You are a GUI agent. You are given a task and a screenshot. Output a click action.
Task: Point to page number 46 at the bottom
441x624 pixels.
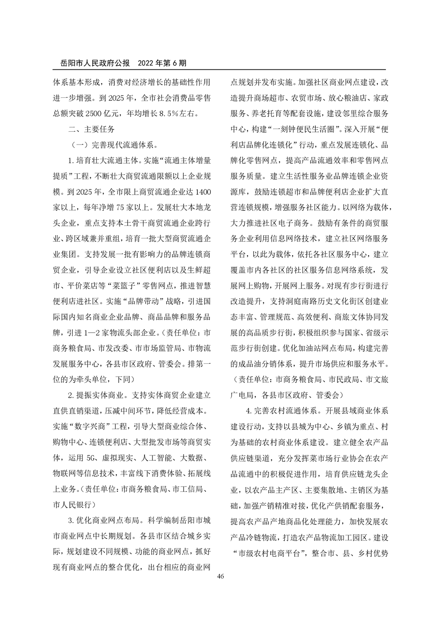pos(220,576)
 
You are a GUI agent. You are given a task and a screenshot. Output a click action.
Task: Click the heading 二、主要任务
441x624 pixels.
pos(91,129)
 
